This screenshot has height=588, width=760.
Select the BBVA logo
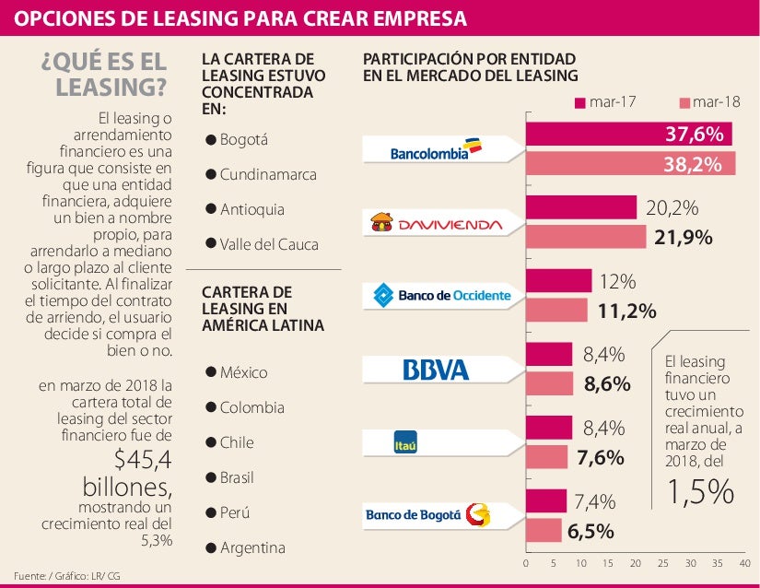click(x=436, y=370)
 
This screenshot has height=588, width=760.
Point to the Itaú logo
click(x=406, y=442)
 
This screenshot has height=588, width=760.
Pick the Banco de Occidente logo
click(x=440, y=296)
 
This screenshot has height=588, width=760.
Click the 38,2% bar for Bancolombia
click(x=630, y=164)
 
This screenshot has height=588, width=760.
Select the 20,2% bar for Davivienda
click(x=581, y=207)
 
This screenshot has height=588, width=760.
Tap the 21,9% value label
click(x=683, y=238)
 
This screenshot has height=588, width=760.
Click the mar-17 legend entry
click(x=605, y=101)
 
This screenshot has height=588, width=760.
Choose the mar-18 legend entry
click(x=709, y=101)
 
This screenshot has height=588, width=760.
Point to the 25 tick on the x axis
click(x=662, y=562)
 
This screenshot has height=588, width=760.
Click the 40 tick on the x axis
click(x=744, y=562)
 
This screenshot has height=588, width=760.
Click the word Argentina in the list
click(x=252, y=547)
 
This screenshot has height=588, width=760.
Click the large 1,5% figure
click(x=701, y=492)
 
